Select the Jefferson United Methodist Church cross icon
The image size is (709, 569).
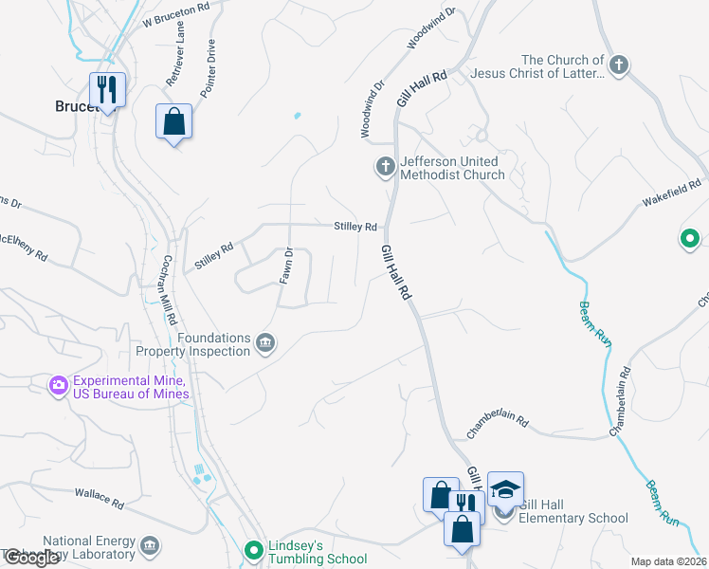tap(385, 168)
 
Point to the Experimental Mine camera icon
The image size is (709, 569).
tap(59, 385)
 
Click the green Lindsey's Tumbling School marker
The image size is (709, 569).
tap(253, 549)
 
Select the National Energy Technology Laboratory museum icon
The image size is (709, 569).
tap(149, 545)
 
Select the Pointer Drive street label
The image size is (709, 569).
tap(209, 68)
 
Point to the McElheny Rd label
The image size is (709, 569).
tap(23, 246)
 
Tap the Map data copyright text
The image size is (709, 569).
tap(668, 561)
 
